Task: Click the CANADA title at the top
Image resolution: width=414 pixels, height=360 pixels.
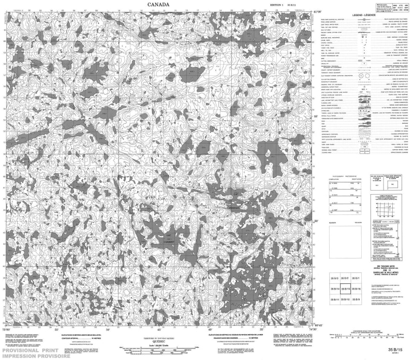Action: [158, 5]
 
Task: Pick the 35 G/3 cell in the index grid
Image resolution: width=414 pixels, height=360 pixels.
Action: [334, 280]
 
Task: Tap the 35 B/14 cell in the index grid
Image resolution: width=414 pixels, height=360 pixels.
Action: [334, 290]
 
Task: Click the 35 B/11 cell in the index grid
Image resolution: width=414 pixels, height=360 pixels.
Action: [334, 299]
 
